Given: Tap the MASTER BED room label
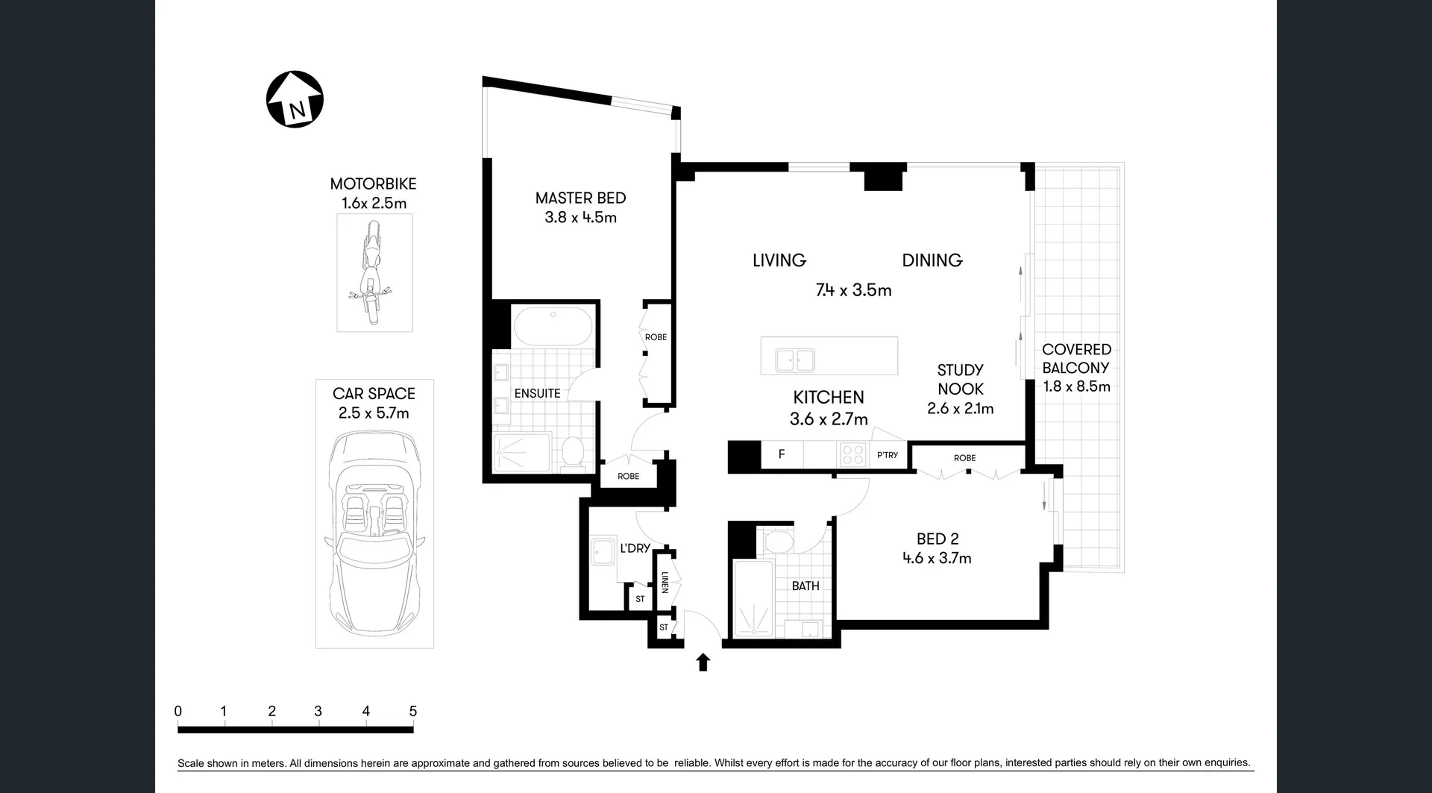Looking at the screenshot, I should click(580, 198).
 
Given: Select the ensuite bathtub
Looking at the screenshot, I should click(553, 327).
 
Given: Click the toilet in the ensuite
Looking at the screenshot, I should click(573, 452).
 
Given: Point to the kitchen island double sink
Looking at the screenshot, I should click(794, 360).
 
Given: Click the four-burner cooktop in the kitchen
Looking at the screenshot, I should click(852, 454).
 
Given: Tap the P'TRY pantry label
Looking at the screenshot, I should click(888, 455).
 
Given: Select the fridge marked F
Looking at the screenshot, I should click(782, 454).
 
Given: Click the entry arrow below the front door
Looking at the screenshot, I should click(703, 662).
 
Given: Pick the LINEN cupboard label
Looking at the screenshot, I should click(665, 583).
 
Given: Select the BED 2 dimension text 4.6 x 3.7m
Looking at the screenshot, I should click(937, 558).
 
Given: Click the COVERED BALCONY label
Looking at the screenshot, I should click(1076, 358).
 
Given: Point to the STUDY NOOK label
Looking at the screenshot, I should click(960, 379).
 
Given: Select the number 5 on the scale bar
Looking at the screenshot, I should click(412, 711).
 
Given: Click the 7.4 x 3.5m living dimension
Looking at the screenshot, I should click(853, 290).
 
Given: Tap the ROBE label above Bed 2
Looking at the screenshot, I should click(964, 458).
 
